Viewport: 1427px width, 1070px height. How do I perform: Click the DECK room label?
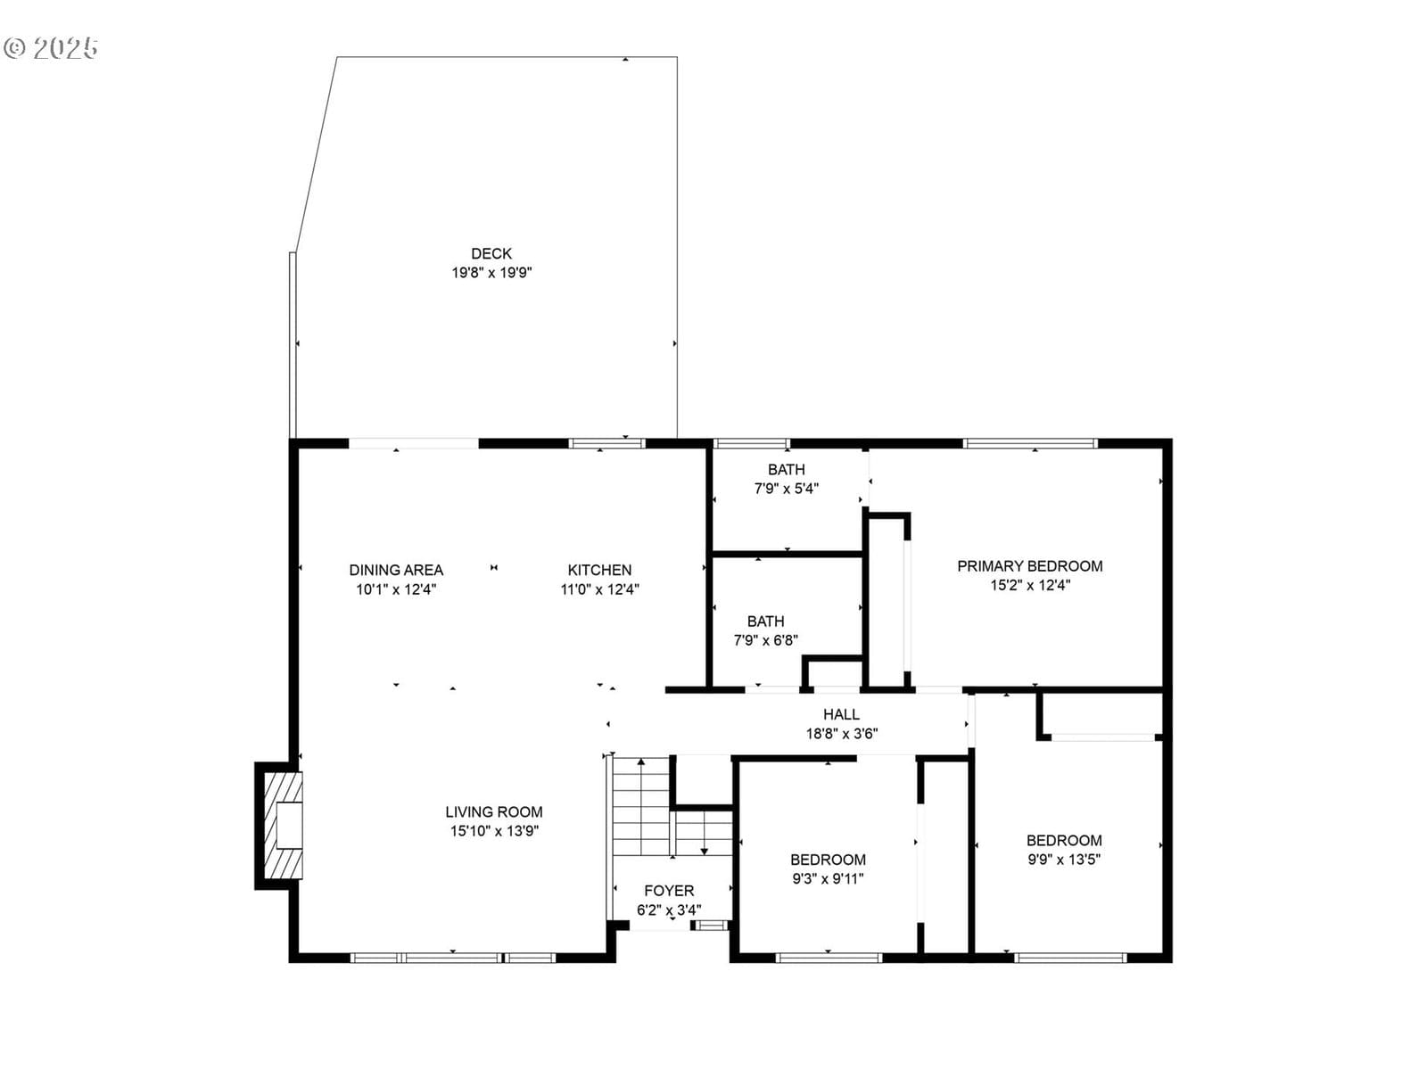[491, 253]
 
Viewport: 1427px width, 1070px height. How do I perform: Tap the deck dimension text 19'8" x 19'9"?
[491, 272]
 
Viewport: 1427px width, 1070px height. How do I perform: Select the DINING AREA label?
[396, 570]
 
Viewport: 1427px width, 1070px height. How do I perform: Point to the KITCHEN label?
[599, 570]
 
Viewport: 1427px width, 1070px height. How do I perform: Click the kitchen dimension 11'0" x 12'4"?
[599, 589]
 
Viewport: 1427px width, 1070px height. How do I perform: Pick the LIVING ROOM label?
[493, 811]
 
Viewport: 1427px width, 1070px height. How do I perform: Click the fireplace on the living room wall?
[280, 825]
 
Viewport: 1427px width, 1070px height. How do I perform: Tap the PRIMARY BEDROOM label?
[1030, 566]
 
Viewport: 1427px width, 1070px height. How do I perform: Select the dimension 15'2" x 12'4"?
[1030, 585]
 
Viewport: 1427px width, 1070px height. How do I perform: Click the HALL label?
[841, 714]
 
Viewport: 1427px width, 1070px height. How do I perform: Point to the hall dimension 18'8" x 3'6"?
[841, 734]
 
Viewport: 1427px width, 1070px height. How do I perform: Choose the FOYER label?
[669, 891]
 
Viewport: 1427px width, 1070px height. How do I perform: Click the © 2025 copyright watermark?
[51, 48]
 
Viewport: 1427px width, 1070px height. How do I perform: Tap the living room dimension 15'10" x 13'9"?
[494, 830]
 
